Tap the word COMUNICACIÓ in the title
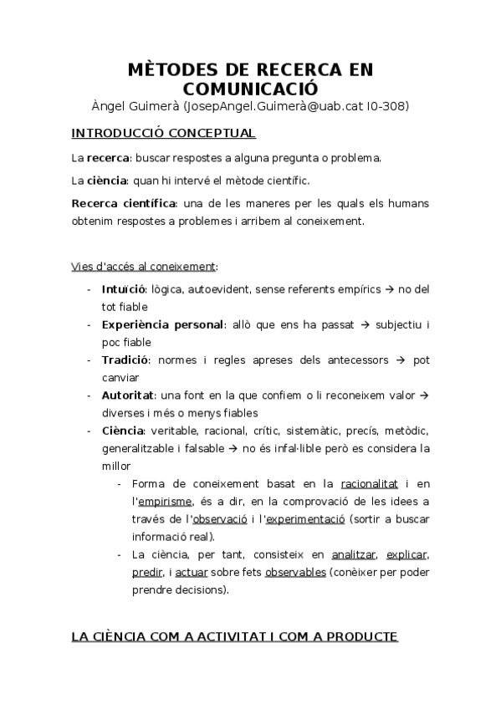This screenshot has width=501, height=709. pyautogui.click(x=250, y=88)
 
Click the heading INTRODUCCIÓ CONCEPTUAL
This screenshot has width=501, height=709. pyautogui.click(x=163, y=133)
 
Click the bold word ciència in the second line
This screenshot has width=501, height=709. pyautogui.click(x=106, y=179)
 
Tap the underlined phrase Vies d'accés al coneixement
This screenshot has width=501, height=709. pyautogui.click(x=143, y=266)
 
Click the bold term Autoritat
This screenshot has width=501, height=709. pyautogui.click(x=126, y=395)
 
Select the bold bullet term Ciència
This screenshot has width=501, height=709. pyautogui.click(x=123, y=431)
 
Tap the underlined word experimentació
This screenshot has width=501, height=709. pyautogui.click(x=304, y=518)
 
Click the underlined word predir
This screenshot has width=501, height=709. pyautogui.click(x=147, y=572)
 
